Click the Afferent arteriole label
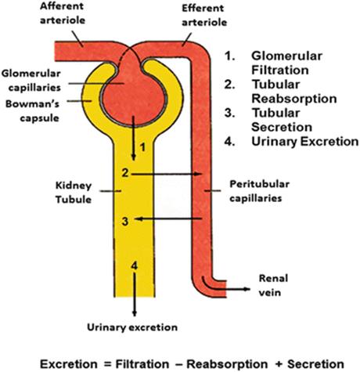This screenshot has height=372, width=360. (x=63, y=13)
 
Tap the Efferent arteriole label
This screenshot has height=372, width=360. (x=204, y=15)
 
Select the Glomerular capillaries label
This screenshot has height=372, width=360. (x=31, y=81)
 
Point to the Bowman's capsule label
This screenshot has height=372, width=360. (x=33, y=111)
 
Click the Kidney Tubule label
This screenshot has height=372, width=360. (x=74, y=193)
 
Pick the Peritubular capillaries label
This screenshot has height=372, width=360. (x=259, y=191)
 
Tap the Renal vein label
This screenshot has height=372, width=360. (x=273, y=285)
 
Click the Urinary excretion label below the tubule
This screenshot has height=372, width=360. (x=132, y=327)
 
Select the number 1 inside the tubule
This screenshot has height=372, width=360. (x=142, y=147)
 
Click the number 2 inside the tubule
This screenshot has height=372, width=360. (x=125, y=172)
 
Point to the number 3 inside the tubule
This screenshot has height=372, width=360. (x=125, y=222)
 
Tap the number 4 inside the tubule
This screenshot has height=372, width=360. (x=134, y=265)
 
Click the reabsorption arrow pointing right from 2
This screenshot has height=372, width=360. (x=167, y=174)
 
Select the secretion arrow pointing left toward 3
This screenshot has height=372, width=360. (x=168, y=219)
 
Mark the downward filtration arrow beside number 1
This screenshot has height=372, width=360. (x=134, y=139)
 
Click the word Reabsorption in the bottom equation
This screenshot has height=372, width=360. (x=227, y=364)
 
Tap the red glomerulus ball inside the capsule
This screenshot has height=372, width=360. (x=134, y=100)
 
